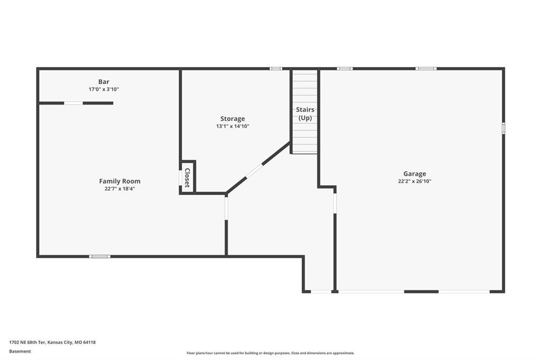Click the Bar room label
coord(104,82)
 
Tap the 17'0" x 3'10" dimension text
coord(104,89)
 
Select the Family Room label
coord(120,181)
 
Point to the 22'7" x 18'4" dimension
coord(120,188)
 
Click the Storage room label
coord(232,119)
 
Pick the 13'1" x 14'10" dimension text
coord(232,126)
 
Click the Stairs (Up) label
coord(305,114)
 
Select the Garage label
coord(415,174)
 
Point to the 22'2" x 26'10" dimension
coord(415,181)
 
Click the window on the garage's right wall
coord(503,128)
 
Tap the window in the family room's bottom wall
coord(100,256)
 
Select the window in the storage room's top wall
coord(276,69)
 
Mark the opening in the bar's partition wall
coord(73,103)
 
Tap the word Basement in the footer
coord(20,352)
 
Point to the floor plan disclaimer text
coord(270,353)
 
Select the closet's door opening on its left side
coord(181,178)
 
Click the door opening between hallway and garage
coord(334,203)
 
